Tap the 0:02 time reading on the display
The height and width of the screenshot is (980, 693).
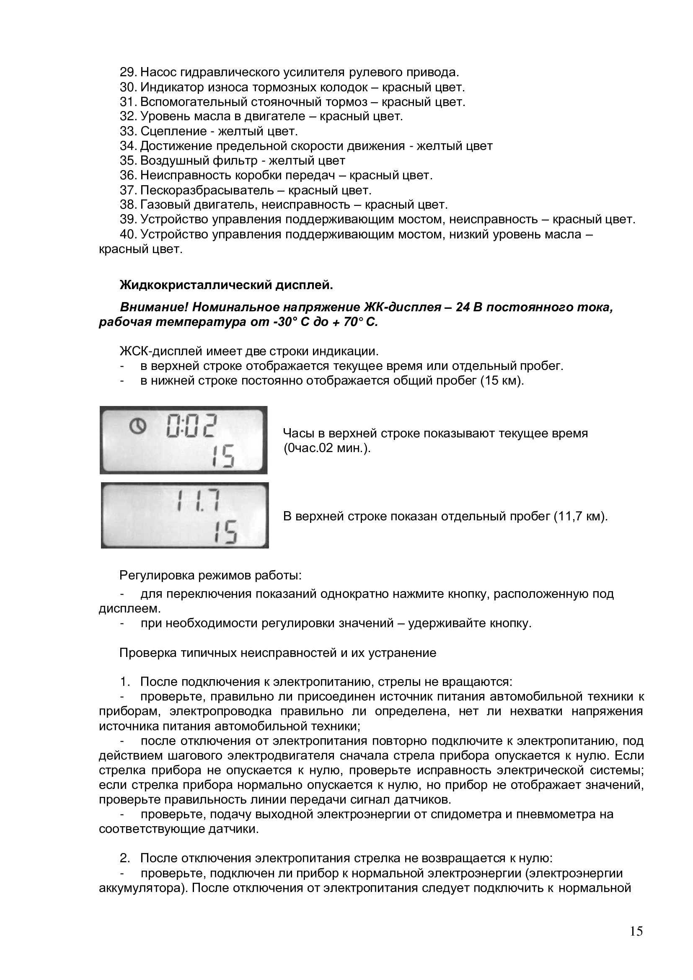pyautogui.click(x=191, y=426)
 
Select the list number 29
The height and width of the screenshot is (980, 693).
pyautogui.click(x=128, y=72)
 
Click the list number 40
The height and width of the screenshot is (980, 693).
pyautogui.click(x=128, y=234)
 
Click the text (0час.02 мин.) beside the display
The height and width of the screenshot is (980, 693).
pyautogui.click(x=327, y=449)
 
